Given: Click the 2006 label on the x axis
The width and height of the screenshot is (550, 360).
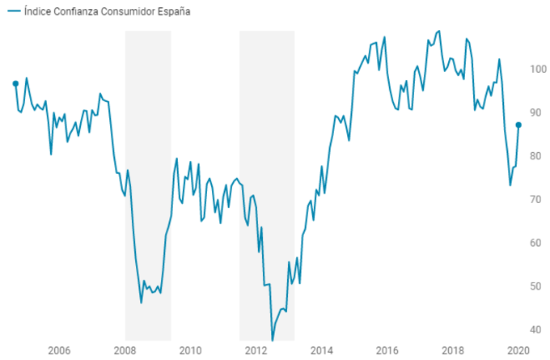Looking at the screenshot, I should pyautogui.click(x=58, y=350).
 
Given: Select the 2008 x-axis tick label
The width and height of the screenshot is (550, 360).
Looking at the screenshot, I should pyautogui.click(x=125, y=350).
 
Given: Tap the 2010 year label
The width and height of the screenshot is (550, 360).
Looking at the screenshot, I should pyautogui.click(x=190, y=350).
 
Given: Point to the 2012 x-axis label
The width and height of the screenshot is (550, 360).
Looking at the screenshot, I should pyautogui.click(x=256, y=350).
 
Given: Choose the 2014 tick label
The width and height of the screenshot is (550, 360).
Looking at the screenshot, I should pyautogui.click(x=322, y=350).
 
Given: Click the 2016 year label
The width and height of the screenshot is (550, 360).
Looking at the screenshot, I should pyautogui.click(x=387, y=350).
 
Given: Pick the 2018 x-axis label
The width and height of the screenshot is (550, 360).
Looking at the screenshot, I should pyautogui.click(x=454, y=350).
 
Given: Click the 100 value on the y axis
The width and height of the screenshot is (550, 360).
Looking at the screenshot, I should pyautogui.click(x=536, y=69).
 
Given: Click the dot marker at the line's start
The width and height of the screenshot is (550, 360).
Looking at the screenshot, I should pyautogui.click(x=15, y=83).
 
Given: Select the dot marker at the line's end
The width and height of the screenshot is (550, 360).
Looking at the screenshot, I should pyautogui.click(x=518, y=125).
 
